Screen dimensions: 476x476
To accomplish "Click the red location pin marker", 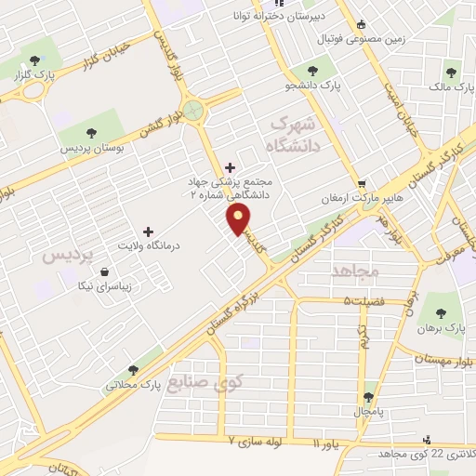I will tap(240, 219).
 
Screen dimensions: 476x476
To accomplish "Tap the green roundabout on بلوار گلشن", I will tap(193, 111).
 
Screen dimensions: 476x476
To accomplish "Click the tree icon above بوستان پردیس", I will tap(91, 132).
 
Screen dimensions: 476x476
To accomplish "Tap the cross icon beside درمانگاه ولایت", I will tap(147, 231).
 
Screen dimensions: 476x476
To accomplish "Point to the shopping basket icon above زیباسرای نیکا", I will tap(104, 272).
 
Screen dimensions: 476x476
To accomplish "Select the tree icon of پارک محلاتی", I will tap(137, 368).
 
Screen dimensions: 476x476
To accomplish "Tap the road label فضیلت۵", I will tap(364, 301).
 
